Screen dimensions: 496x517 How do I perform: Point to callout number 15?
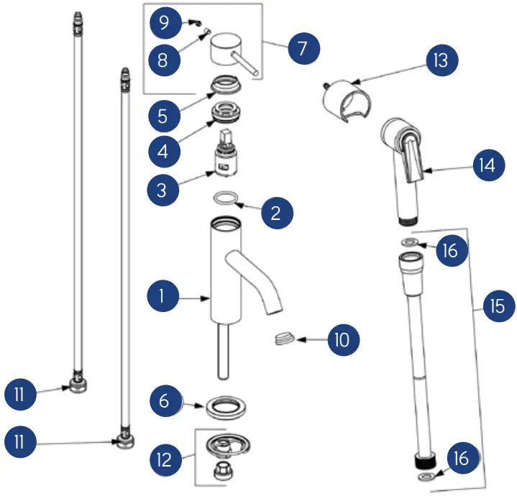click(x=497, y=307)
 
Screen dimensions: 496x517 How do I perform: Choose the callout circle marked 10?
click(x=343, y=339)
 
